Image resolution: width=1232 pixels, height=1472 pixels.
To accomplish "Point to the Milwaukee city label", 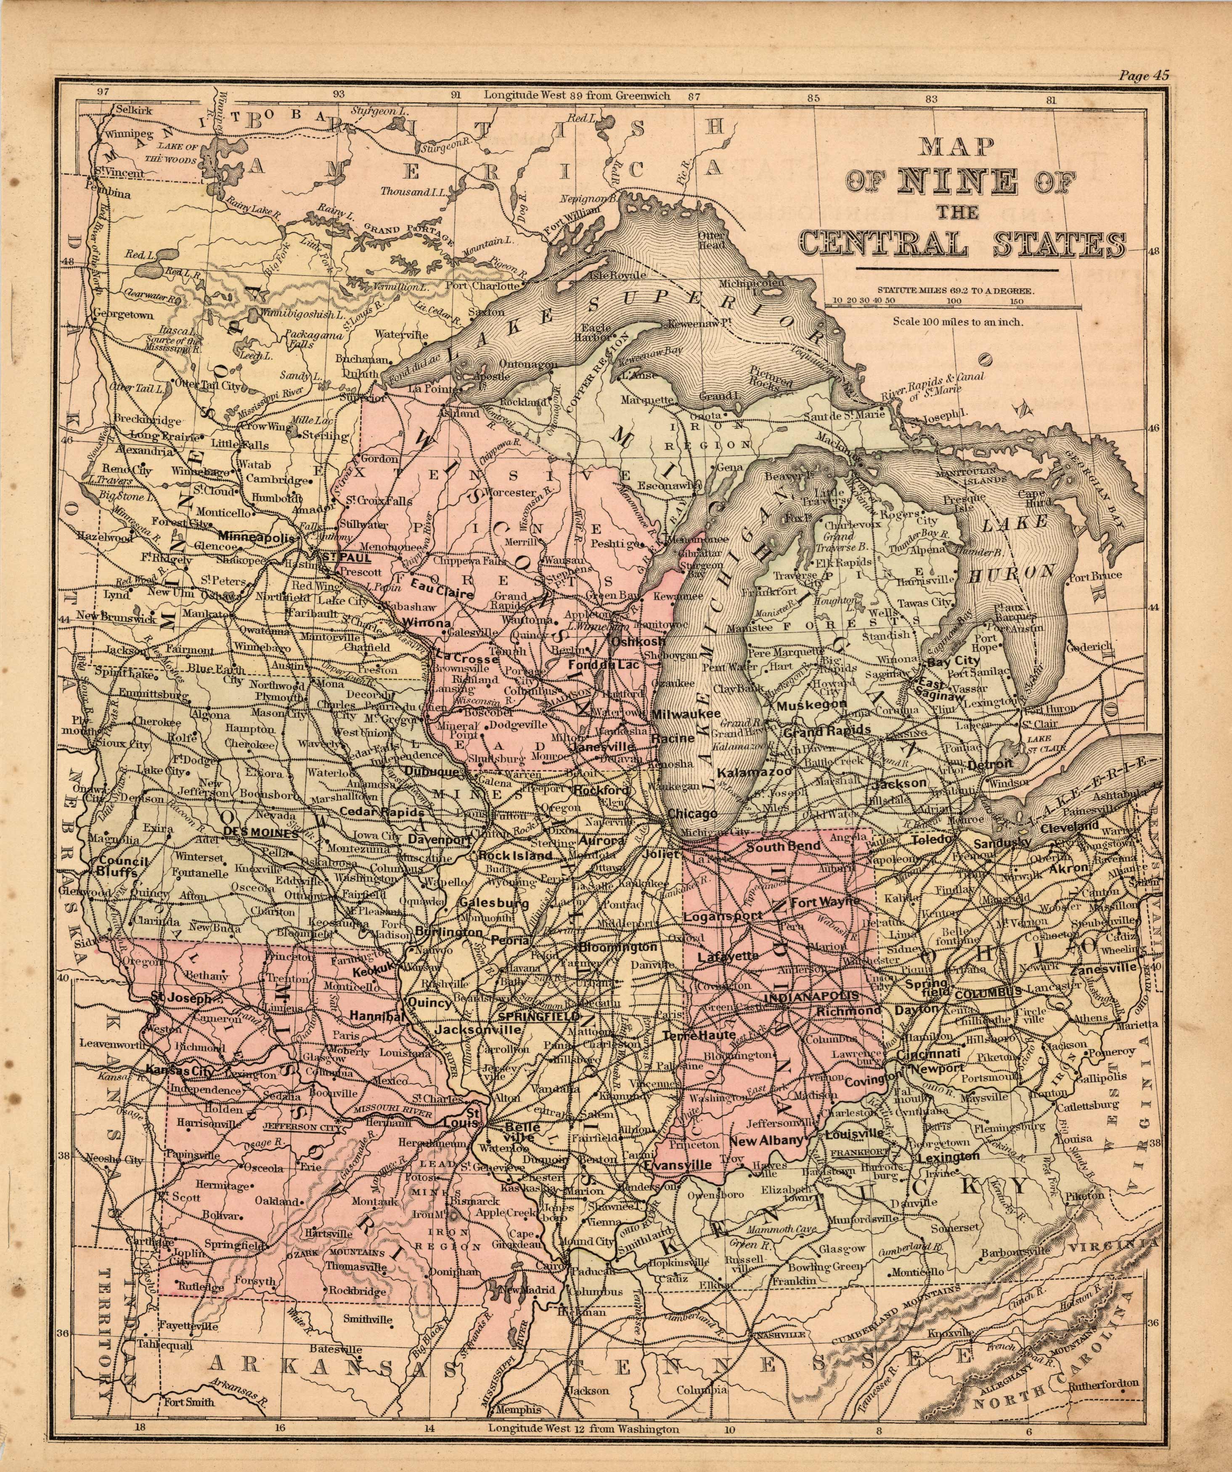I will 686,714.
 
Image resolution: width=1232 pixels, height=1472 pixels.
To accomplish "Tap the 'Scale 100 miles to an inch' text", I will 958,323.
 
